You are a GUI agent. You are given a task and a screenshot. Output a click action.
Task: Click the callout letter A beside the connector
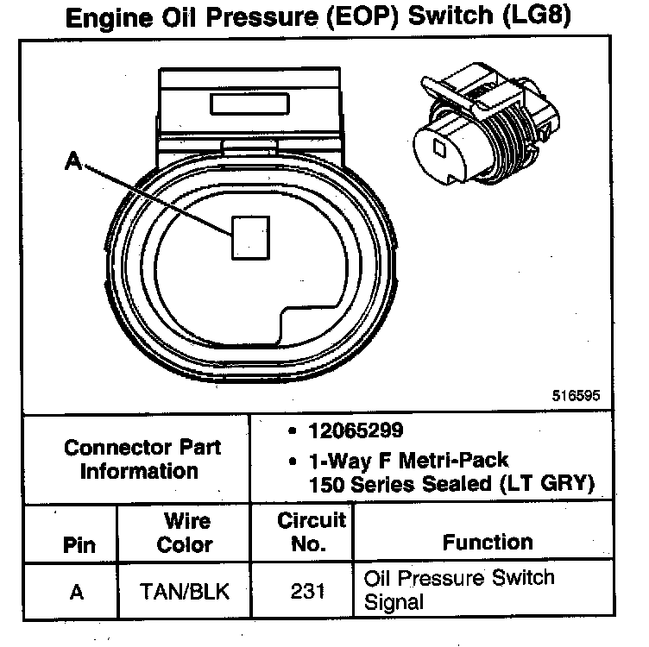(75, 161)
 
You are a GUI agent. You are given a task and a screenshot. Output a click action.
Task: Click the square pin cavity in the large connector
(251, 236)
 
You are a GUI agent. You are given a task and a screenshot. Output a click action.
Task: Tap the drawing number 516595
(576, 398)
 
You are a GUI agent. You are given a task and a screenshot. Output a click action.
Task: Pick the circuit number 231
(302, 592)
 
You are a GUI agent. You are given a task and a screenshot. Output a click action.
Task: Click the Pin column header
(79, 545)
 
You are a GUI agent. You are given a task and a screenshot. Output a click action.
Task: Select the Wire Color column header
(186, 533)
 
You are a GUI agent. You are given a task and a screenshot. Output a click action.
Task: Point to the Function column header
(488, 542)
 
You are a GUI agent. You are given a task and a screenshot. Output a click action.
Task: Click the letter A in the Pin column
(77, 593)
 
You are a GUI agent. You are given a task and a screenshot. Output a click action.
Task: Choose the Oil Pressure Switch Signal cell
(459, 589)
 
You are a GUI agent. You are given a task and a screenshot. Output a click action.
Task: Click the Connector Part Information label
(142, 459)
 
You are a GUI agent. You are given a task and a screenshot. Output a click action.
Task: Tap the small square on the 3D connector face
(440, 149)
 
